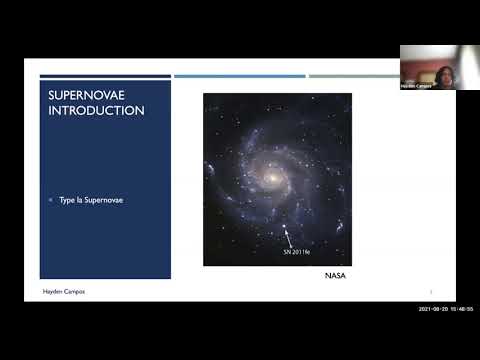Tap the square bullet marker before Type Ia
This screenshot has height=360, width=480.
[x=50, y=200]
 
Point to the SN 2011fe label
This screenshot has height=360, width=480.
[x=299, y=253]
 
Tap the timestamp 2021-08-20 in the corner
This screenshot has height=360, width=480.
[x=435, y=310]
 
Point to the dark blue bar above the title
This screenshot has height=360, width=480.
[x=104, y=76]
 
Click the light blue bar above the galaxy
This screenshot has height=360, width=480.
[x=239, y=76]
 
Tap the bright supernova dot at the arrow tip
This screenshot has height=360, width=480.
[x=285, y=227]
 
